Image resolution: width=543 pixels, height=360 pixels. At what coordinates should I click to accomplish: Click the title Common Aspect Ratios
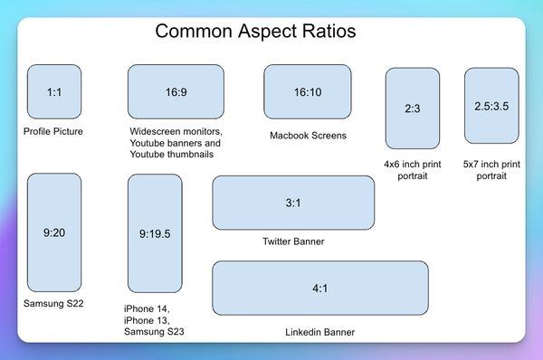pyautogui.click(x=255, y=31)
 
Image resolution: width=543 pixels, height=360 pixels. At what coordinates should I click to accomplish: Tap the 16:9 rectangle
pyautogui.click(x=176, y=92)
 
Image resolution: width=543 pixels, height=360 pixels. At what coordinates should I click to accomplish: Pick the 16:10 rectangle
pyautogui.click(x=307, y=92)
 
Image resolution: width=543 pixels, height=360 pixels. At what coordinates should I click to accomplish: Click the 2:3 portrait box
pyautogui.click(x=412, y=109)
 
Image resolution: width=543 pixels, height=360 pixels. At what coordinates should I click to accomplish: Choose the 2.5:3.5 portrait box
pyautogui.click(x=491, y=106)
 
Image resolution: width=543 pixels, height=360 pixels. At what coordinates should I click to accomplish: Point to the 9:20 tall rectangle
pyautogui.click(x=54, y=232)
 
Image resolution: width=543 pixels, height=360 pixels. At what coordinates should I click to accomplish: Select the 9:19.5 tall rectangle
pyautogui.click(x=155, y=233)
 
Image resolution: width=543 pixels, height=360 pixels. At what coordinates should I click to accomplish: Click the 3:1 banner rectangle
pyautogui.click(x=292, y=203)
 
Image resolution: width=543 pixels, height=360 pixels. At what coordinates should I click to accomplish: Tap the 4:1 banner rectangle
pyautogui.click(x=319, y=288)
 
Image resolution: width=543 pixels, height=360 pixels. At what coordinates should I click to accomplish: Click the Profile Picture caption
pyautogui.click(x=53, y=132)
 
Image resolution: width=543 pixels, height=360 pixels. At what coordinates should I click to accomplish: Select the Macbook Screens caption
pyautogui.click(x=308, y=136)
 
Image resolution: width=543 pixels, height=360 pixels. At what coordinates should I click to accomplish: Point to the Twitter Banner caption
pyautogui.click(x=292, y=242)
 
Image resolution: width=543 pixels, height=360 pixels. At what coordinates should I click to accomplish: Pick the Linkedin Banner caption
pyautogui.click(x=319, y=332)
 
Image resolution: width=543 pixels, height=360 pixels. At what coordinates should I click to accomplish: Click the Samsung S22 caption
pyautogui.click(x=53, y=303)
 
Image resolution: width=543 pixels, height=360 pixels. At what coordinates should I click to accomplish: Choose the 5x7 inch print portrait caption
pyautogui.click(x=491, y=170)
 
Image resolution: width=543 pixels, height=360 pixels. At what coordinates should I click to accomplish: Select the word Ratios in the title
pyautogui.click(x=324, y=31)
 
